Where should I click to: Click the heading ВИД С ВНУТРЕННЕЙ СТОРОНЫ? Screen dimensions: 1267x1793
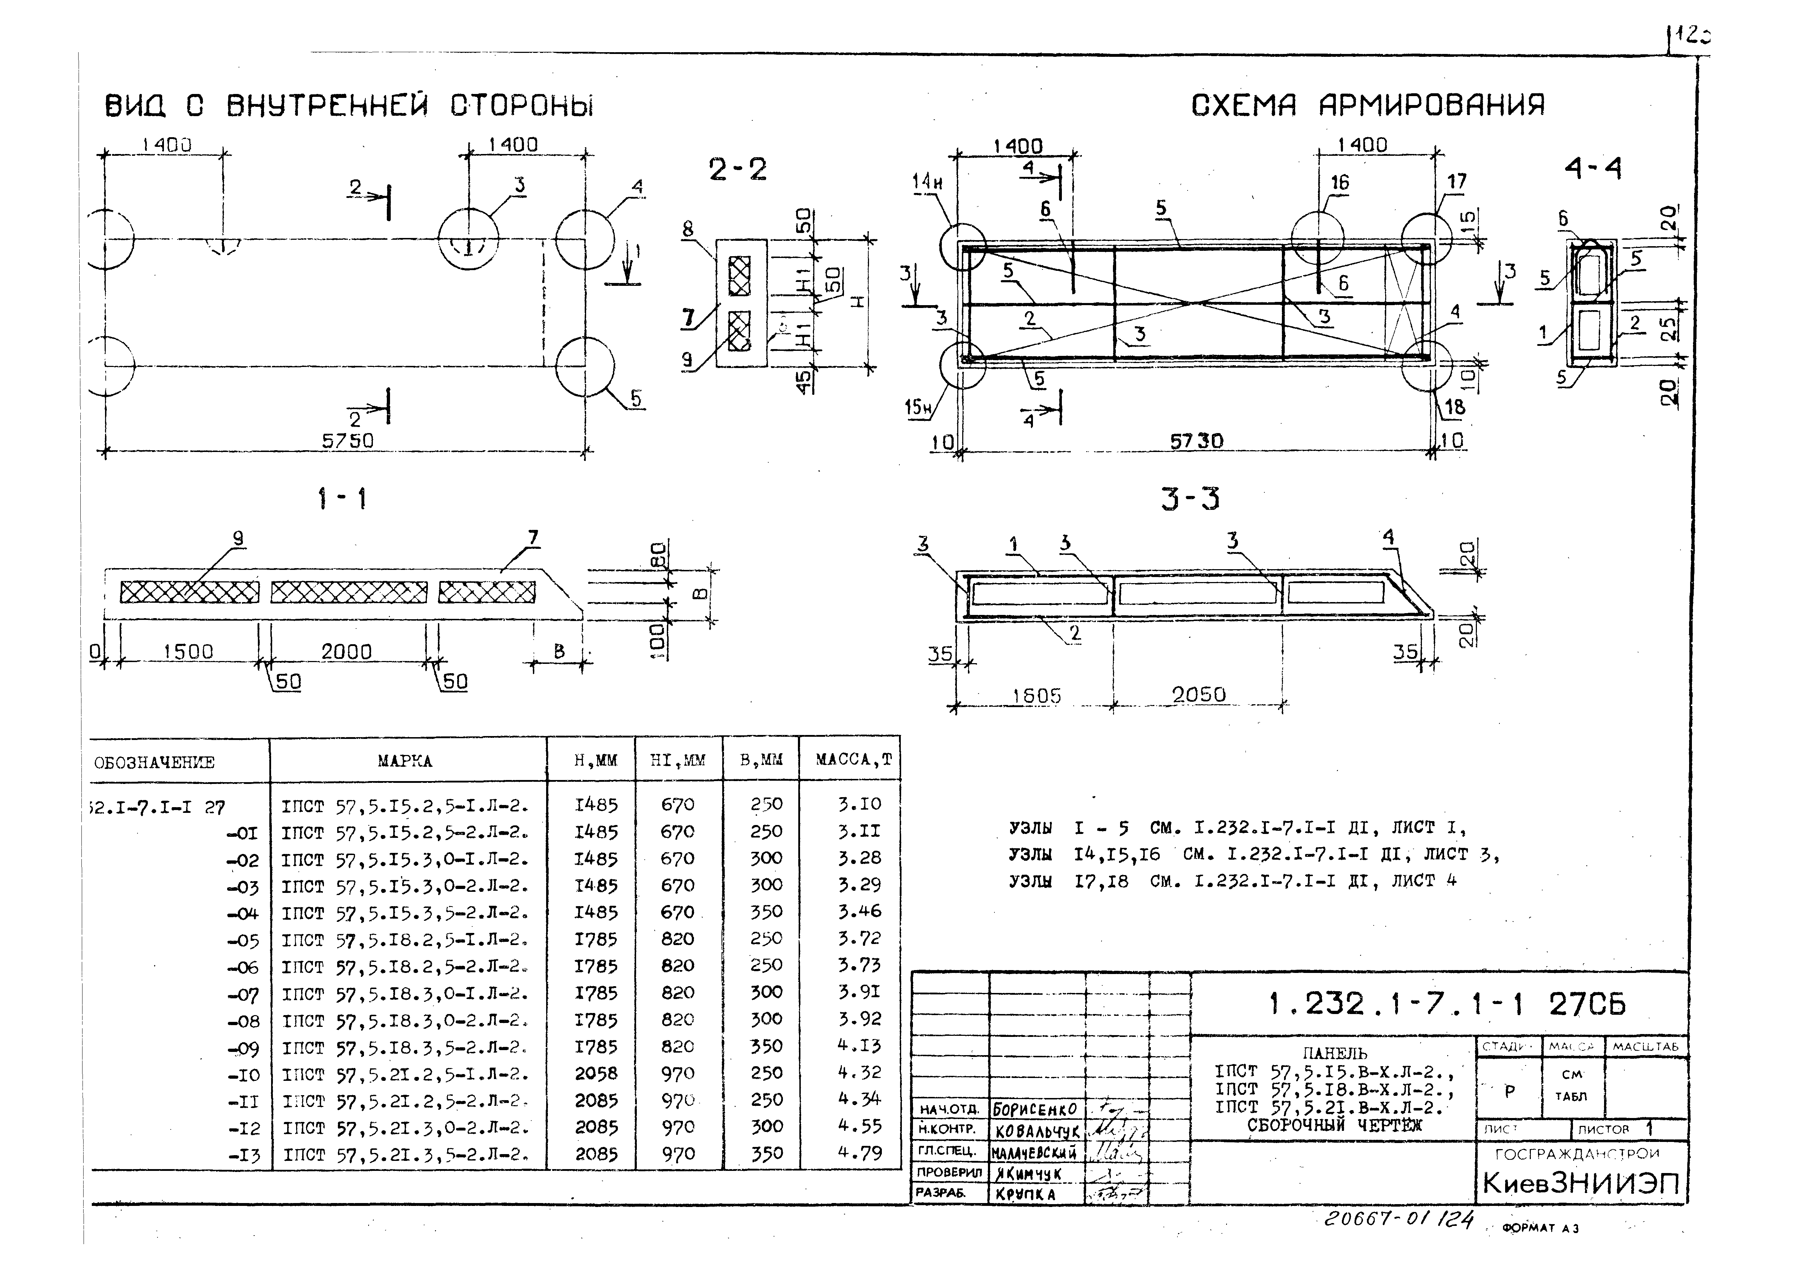coord(349,106)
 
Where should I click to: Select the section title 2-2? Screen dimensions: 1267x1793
coord(737,169)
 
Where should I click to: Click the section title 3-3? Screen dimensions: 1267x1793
coord(1190,498)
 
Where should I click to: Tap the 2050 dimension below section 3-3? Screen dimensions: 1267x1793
coord(1198,695)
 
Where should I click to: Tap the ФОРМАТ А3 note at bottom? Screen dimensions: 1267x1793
coord(1540,1228)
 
